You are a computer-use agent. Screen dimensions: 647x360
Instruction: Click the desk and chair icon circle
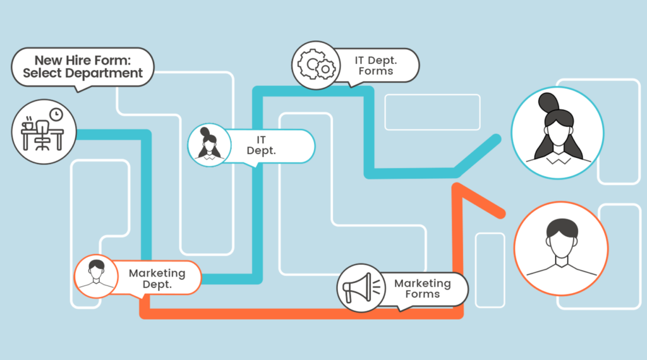click(x=44, y=132)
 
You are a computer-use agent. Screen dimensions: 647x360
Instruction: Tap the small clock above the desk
click(x=56, y=114)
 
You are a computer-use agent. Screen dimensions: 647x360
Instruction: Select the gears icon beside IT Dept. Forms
click(x=316, y=65)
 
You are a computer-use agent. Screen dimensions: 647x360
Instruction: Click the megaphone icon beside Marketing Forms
click(x=361, y=288)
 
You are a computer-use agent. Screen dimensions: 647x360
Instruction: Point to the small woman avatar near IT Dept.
click(x=209, y=145)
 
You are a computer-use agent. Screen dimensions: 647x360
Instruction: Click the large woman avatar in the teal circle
click(x=557, y=133)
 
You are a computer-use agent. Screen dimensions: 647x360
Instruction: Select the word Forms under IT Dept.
click(x=376, y=71)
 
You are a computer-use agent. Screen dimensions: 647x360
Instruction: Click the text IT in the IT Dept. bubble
click(x=261, y=140)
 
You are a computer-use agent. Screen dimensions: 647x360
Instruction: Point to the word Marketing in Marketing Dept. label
click(x=157, y=273)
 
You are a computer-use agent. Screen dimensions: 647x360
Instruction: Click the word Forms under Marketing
click(x=423, y=294)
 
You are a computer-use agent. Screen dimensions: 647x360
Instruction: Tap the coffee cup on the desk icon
click(x=28, y=124)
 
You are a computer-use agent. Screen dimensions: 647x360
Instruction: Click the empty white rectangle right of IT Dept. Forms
click(x=432, y=112)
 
